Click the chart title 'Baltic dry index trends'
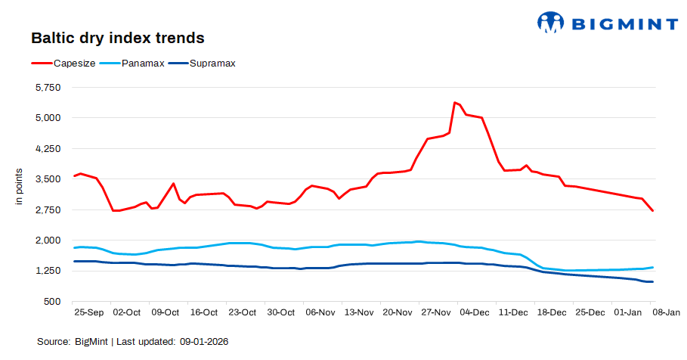(x=117, y=38)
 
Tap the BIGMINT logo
(x=607, y=23)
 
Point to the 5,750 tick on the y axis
(x=48, y=88)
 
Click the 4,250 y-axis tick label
(x=48, y=149)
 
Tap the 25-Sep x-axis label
(x=88, y=312)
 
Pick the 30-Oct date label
(x=281, y=312)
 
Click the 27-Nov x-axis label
(x=435, y=312)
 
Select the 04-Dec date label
(x=475, y=312)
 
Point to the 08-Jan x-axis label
(x=667, y=312)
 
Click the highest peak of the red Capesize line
(x=454, y=103)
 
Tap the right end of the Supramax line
(x=652, y=282)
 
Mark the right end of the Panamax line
(x=652, y=267)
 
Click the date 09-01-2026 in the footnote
(x=204, y=342)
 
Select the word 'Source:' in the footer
(x=54, y=342)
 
